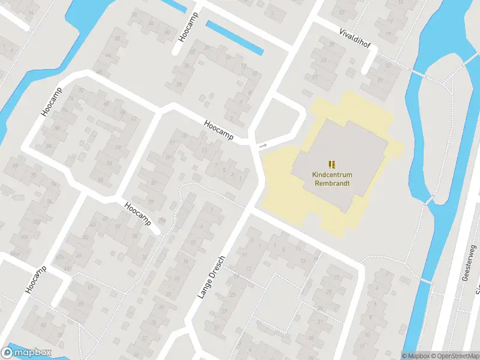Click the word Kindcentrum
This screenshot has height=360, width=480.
pos(331,175)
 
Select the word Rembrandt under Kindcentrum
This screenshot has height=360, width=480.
pos(332,184)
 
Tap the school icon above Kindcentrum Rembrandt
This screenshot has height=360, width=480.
pos(332,164)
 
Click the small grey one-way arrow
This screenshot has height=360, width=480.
pos(263,145)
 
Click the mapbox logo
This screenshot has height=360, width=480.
pos(27,353)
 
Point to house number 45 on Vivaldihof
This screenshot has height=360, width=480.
pos(324,61)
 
